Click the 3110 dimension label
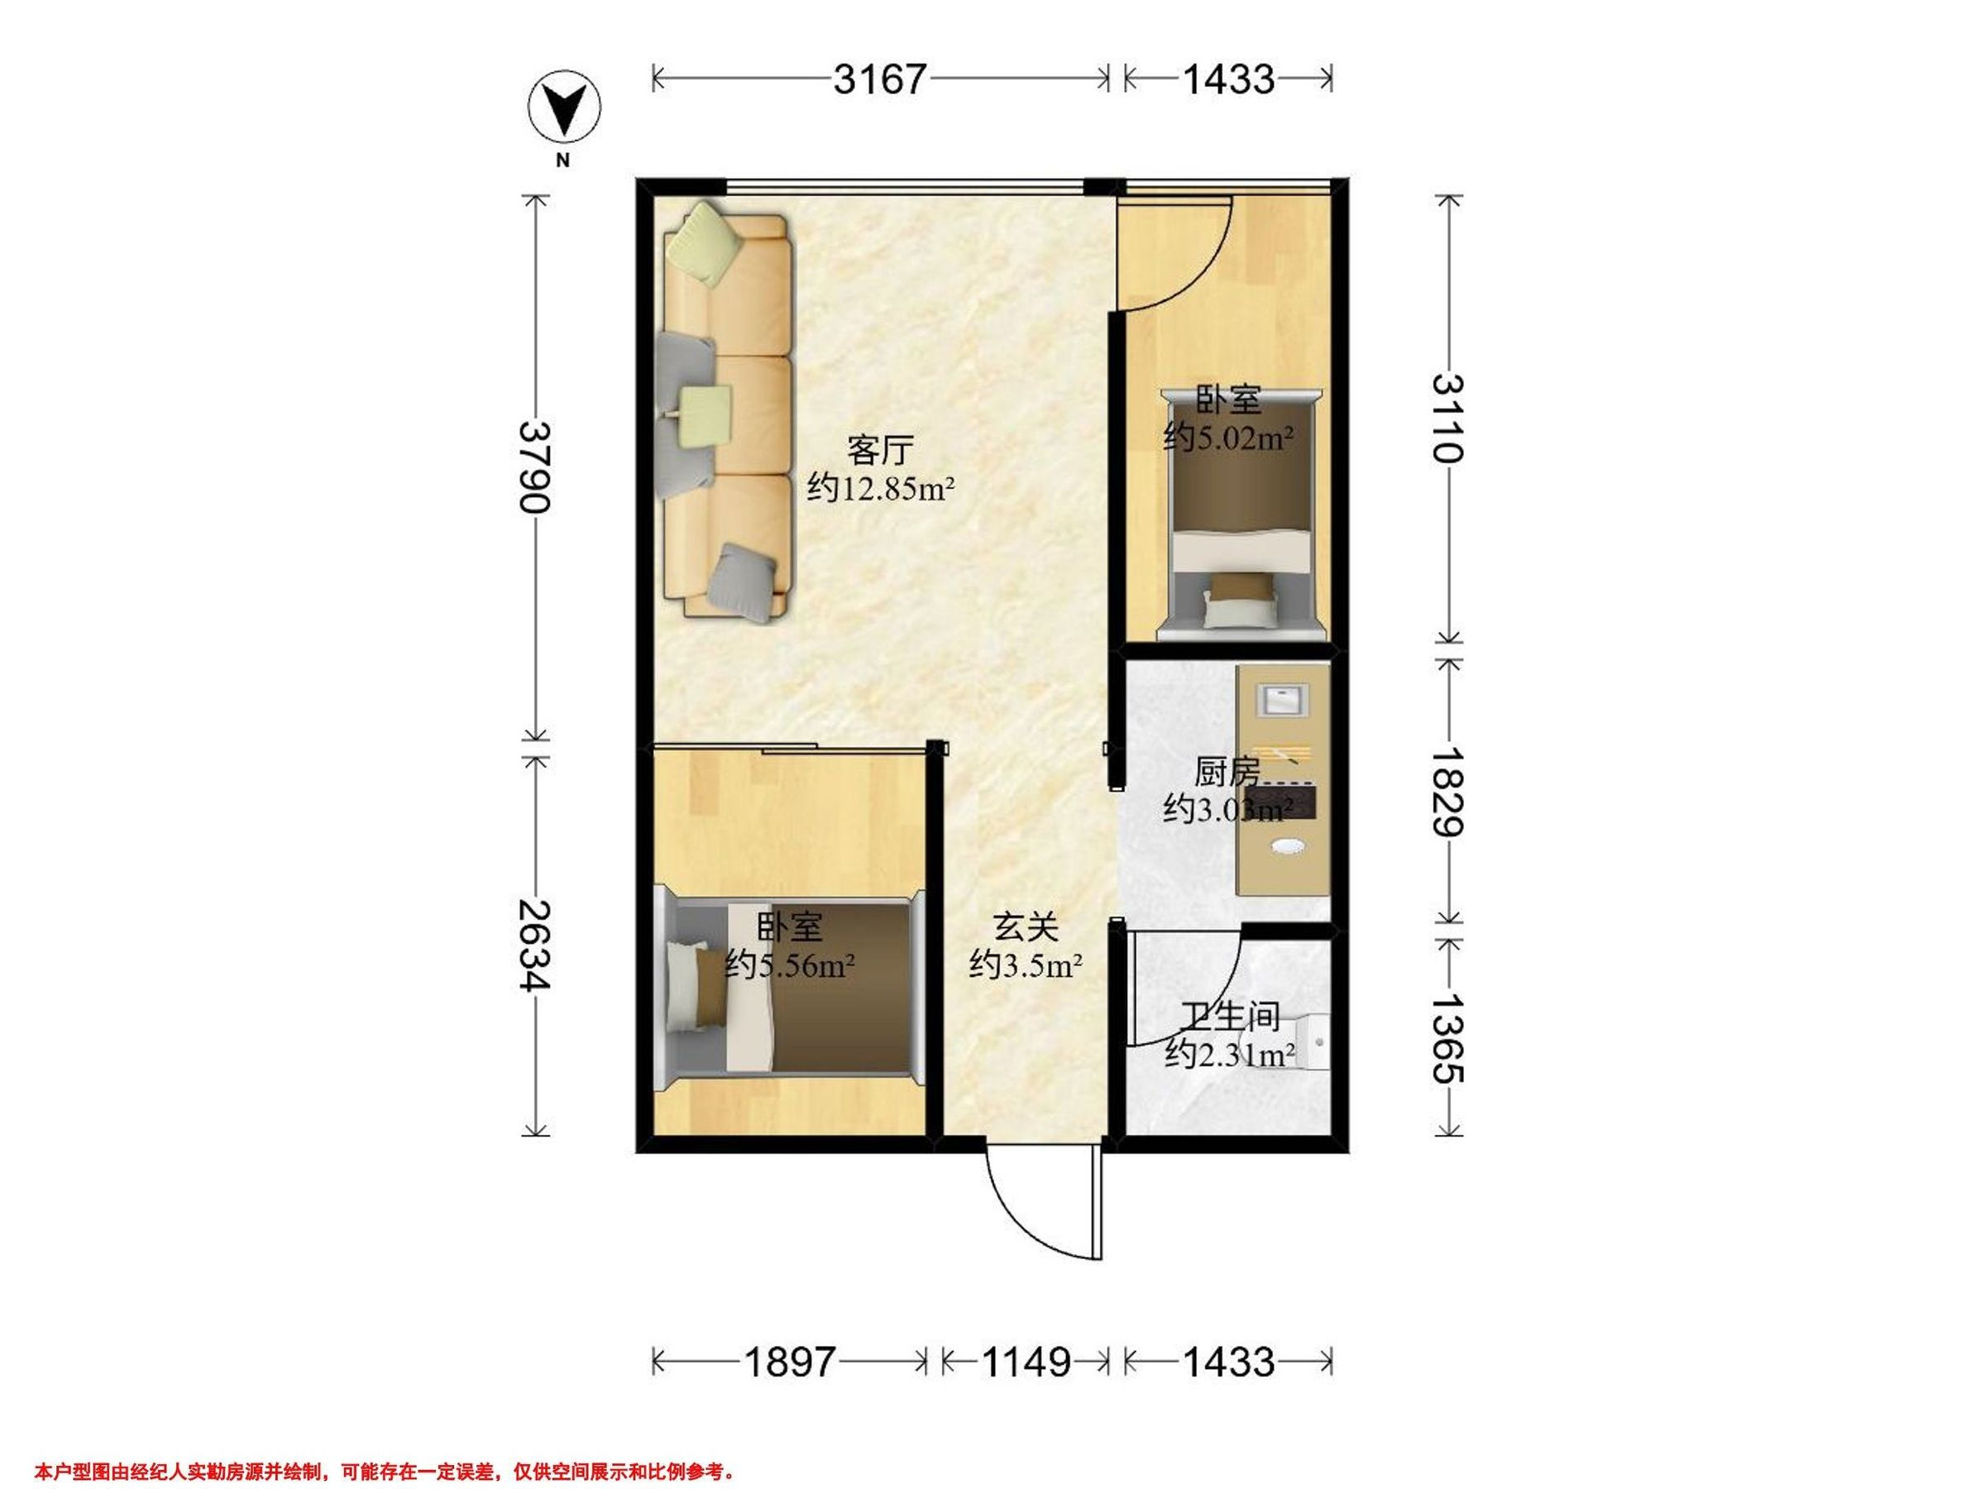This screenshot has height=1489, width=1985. point(1447,419)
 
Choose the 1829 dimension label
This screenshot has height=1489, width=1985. point(1447,792)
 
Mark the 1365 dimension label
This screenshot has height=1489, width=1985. point(1447,1037)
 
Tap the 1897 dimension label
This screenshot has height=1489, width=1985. point(791,1362)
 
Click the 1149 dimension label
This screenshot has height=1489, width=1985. point(1026,1362)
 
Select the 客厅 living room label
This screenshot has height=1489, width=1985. point(880,450)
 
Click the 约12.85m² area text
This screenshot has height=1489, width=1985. point(880,488)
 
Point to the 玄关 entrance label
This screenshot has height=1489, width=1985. point(1026,927)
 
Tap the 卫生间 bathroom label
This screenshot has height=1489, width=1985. point(1228,1016)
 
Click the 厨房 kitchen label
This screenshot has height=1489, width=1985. point(1228,771)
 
